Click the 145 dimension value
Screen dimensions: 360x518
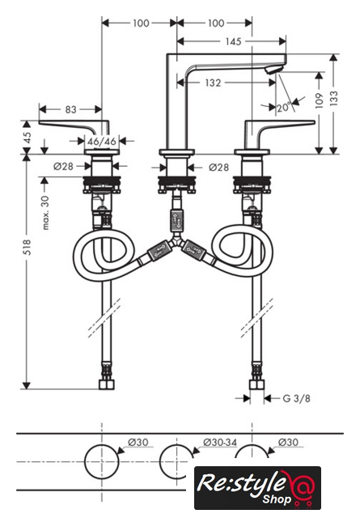[x=233, y=41]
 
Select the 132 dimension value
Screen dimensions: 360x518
[x=213, y=83]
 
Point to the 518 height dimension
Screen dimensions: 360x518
[x=27, y=247]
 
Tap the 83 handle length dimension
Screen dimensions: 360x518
[x=70, y=109]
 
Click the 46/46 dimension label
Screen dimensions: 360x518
[x=102, y=142]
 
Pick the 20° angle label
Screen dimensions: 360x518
[x=284, y=108]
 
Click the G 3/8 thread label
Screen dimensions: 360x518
[x=297, y=398]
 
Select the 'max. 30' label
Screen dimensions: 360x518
[x=45, y=212]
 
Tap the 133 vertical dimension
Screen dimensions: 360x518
[x=334, y=98]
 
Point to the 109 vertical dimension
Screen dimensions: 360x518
[x=319, y=100]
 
